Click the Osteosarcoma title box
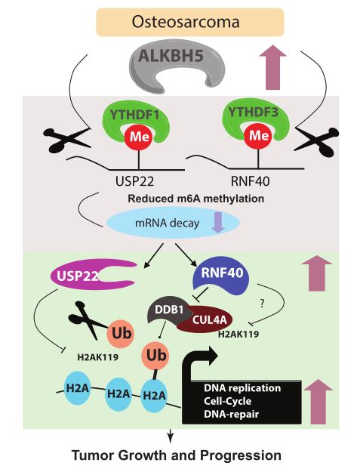coord(190,23)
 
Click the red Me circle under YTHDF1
coord(139,137)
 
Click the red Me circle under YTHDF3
coord(259,135)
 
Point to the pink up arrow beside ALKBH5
coord(272,67)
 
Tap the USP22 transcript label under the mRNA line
coord(135,181)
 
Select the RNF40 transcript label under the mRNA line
coord(250,181)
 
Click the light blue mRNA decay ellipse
coord(173,223)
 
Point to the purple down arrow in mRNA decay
coord(217,222)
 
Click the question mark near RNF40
coord(262,304)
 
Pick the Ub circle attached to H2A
coord(156,355)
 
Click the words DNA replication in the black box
coord(242,388)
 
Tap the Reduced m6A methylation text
coord(196,199)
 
